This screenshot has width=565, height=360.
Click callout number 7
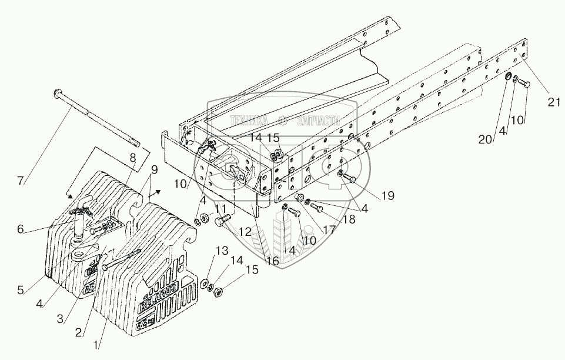point(21,181)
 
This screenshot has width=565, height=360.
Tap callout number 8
point(133,157)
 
